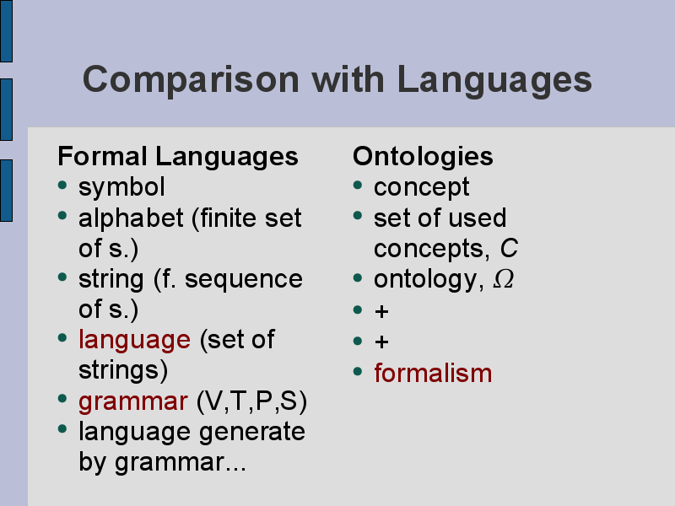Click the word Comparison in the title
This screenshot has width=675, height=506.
click(191, 79)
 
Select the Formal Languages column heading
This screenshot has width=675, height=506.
click(178, 156)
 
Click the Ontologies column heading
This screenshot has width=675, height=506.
click(423, 156)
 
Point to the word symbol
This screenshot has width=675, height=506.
click(121, 187)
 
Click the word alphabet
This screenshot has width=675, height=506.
click(131, 218)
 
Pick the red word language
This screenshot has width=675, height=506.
click(134, 341)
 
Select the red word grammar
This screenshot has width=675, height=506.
click(133, 402)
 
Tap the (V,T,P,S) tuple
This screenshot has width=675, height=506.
click(251, 401)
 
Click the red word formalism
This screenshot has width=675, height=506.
click(433, 373)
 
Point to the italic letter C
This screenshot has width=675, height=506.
click(509, 248)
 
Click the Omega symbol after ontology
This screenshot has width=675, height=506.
click(503, 279)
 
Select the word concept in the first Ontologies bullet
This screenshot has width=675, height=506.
click(421, 187)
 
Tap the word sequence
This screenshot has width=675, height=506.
click(244, 280)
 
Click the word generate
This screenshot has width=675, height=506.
click(252, 433)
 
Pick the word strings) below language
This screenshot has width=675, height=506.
click(123, 370)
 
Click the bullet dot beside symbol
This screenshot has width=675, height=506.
click(62, 185)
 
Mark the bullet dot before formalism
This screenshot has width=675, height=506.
click(358, 370)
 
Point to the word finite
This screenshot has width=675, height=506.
click(224, 218)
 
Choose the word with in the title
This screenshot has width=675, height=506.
click(348, 79)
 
